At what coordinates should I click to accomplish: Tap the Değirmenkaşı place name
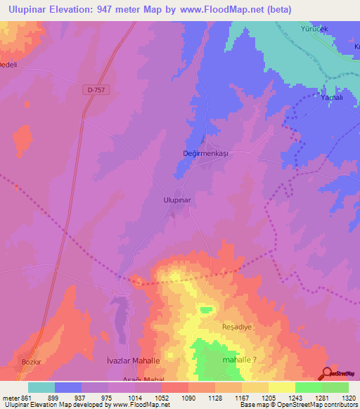coord(206,153)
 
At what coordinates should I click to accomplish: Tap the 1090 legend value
coord(188,397)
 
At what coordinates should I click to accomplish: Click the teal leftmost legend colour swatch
coord(41,387)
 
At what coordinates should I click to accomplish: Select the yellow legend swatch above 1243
coord(281,387)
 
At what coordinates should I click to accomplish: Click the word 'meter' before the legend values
coord(10,397)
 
